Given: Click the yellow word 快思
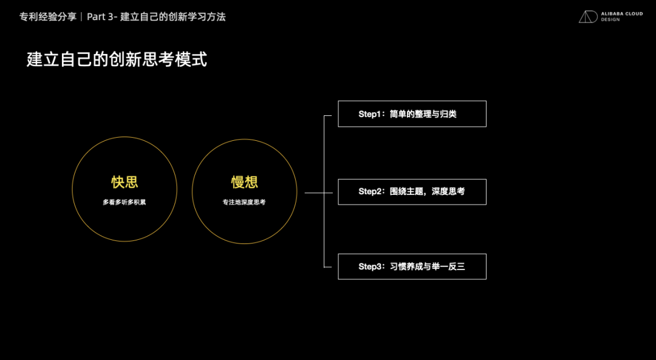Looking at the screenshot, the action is [125, 182].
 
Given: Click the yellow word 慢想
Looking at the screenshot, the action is [244, 182].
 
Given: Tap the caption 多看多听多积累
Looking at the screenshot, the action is [125, 202].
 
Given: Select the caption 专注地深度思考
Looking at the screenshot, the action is [244, 202].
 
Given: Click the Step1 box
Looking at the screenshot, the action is [412, 114].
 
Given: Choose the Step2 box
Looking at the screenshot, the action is [412, 192].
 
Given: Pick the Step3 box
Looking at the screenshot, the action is [412, 267].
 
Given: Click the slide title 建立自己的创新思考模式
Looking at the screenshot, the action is [117, 59].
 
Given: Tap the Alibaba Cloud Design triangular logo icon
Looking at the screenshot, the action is [587, 16].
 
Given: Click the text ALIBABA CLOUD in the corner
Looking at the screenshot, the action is [621, 13].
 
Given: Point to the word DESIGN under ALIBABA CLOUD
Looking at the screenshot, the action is [610, 20].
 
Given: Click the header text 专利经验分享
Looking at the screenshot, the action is [48, 17].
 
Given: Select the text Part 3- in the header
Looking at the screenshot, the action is [101, 17].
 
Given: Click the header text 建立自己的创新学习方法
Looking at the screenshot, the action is [173, 17].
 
